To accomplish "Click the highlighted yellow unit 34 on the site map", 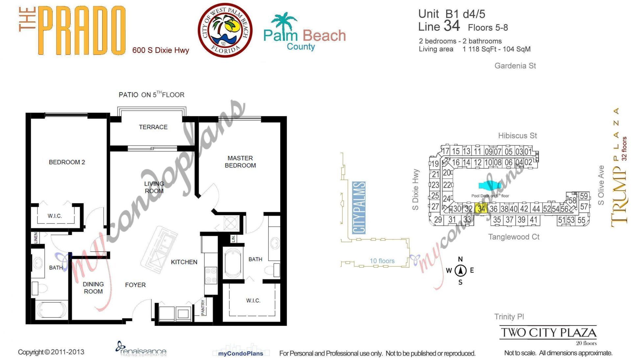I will [x=481, y=209].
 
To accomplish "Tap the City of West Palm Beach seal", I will [x=225, y=30].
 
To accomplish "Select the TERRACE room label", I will [x=153, y=127].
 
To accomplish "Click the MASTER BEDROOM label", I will [x=240, y=162].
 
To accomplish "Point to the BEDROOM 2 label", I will [x=67, y=162].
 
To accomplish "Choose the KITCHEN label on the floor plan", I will [x=184, y=262].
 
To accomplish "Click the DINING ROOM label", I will [x=93, y=288].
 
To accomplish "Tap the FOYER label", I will [x=135, y=285].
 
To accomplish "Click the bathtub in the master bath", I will [x=233, y=264].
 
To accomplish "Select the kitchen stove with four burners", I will [x=211, y=275].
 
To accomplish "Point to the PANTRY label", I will [x=203, y=307].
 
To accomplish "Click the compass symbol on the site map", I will [x=460, y=271].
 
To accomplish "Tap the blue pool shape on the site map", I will [x=489, y=186].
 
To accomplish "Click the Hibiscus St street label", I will [x=517, y=136].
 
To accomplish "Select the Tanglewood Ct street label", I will [x=514, y=237].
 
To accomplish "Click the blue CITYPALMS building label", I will [x=359, y=208].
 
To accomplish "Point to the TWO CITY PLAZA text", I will [x=548, y=333].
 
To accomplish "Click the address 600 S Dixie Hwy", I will [x=161, y=50].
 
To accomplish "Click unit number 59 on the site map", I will [x=584, y=196].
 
